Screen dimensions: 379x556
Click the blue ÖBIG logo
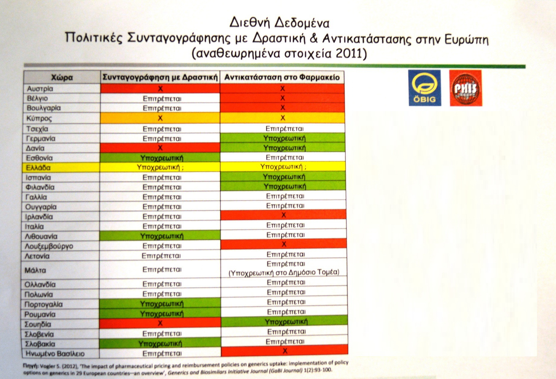(x=425, y=88)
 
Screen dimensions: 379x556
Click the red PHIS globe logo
(x=465, y=88)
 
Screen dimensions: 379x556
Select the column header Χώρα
(x=62, y=78)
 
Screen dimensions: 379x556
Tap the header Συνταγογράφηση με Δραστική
(x=160, y=77)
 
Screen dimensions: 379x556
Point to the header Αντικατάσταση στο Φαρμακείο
(x=282, y=77)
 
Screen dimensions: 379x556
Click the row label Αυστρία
(x=40, y=89)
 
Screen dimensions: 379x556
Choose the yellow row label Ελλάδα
(x=38, y=168)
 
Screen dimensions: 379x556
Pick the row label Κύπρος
(x=39, y=118)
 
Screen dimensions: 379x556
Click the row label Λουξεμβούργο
(x=49, y=246)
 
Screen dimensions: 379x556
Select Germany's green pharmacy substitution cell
(x=284, y=139)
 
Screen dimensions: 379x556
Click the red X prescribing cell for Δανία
(x=160, y=148)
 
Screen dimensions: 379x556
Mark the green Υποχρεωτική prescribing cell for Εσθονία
(x=161, y=158)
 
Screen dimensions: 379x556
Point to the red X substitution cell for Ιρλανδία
(x=283, y=215)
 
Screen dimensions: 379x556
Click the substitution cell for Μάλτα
(x=284, y=268)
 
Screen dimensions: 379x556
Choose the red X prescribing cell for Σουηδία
(x=160, y=323)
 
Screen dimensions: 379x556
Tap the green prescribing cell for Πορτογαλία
(x=161, y=304)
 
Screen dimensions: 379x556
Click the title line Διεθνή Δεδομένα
(x=279, y=23)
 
